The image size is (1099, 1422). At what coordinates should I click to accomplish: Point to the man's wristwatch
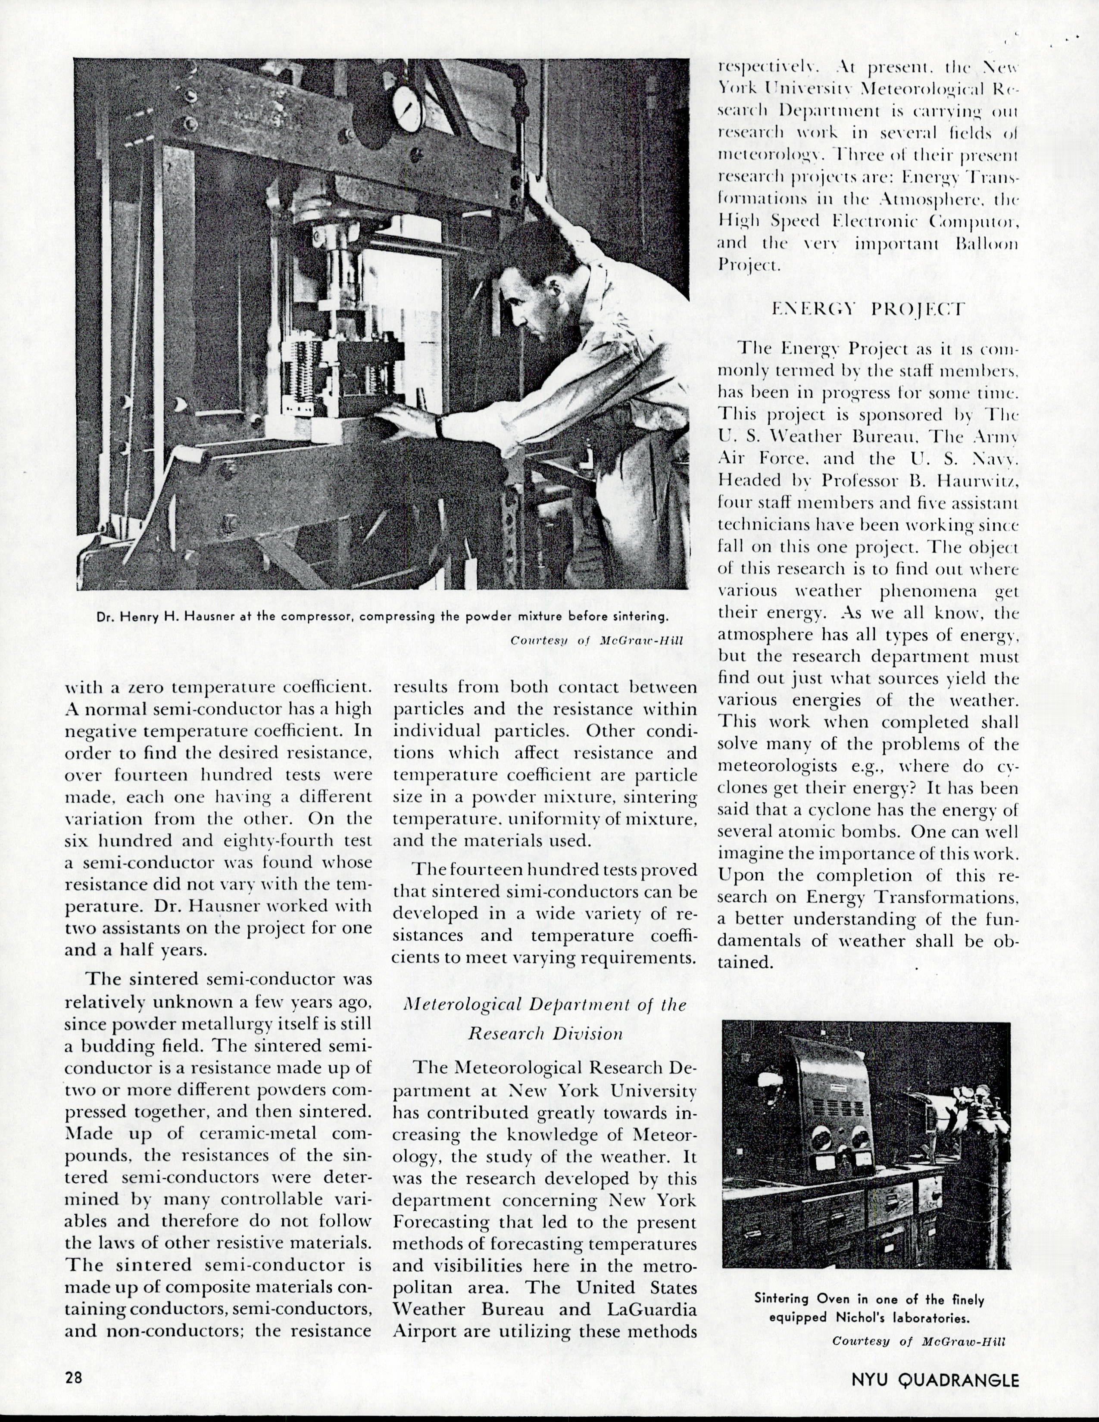[440, 427]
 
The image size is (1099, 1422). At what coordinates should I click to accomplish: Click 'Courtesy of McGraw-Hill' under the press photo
[596, 640]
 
